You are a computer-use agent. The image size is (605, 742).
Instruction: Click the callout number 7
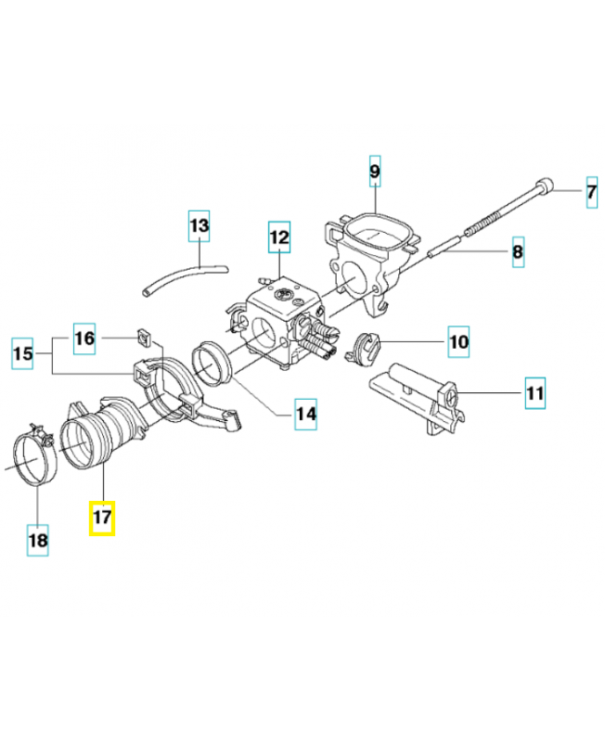pos(590,194)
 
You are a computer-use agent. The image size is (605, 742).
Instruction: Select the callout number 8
pos(518,251)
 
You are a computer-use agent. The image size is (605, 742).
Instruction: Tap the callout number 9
pos(375,171)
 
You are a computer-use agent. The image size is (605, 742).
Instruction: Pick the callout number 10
pos(458,341)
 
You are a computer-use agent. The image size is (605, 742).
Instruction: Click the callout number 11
pos(534,393)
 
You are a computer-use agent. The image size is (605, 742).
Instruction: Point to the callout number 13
pos(200,225)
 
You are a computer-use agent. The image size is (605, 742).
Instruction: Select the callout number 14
pos(305,415)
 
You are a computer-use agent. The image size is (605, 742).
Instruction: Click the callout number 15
pos(25,354)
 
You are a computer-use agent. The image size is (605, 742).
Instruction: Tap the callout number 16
pos(84,339)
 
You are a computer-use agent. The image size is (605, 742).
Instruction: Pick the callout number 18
pos(38,539)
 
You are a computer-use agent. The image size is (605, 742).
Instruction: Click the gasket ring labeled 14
pos(212,363)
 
